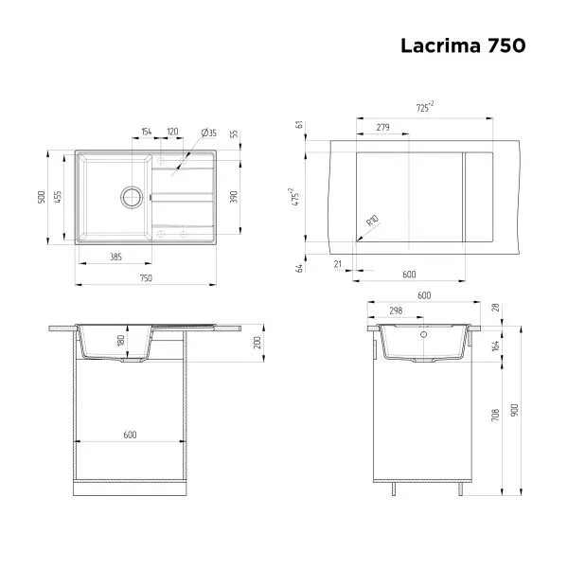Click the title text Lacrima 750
[461, 44]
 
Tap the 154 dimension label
[146, 133]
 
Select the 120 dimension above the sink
[173, 133]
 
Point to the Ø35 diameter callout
[208, 133]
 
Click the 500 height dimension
[42, 197]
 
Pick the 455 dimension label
[57, 197]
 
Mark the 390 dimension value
[232, 196]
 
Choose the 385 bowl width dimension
[115, 256]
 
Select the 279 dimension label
[382, 127]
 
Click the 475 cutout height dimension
[295, 197]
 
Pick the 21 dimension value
[338, 264]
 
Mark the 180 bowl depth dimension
[120, 341]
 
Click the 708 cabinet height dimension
[495, 413]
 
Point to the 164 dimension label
[495, 346]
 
